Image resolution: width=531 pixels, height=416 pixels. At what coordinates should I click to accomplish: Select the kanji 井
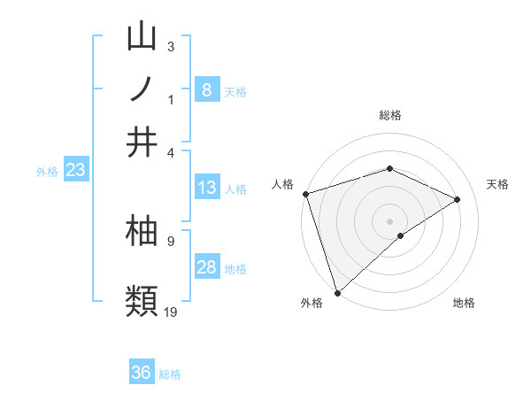click(142, 142)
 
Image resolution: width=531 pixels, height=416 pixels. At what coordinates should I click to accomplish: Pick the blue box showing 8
click(206, 89)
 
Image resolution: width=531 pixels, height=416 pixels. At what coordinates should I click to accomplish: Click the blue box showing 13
click(206, 188)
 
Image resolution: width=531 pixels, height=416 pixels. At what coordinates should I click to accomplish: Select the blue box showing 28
click(206, 267)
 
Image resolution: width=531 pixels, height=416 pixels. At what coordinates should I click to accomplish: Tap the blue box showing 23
click(74, 171)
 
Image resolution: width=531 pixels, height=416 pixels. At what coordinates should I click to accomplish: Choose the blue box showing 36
click(141, 373)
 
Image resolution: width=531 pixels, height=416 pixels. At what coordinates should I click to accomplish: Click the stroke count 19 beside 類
click(171, 311)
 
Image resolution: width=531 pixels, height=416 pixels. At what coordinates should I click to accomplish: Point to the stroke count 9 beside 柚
click(170, 240)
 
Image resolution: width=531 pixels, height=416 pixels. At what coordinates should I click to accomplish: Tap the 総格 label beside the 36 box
click(170, 374)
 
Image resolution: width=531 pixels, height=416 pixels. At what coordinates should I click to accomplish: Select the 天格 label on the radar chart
click(498, 184)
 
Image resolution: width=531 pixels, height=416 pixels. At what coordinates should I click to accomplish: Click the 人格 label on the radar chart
click(282, 184)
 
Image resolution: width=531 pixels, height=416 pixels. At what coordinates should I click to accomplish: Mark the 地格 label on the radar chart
click(464, 304)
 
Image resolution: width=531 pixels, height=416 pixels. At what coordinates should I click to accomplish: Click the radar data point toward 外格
click(337, 291)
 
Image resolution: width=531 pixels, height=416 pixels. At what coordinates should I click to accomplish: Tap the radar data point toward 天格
click(458, 199)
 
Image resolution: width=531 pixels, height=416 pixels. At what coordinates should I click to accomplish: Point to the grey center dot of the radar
click(389, 220)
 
